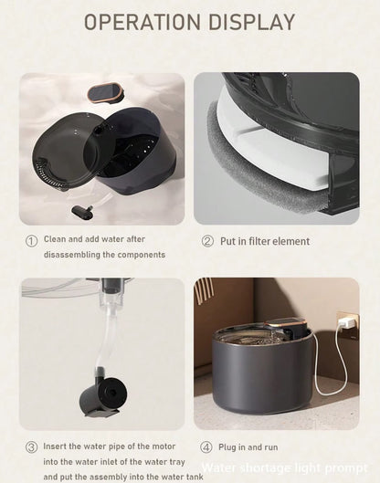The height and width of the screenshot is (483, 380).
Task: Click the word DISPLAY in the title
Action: pos(249,22)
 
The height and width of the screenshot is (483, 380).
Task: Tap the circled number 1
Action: pos(31,241)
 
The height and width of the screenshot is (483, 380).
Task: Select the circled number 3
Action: pos(31,446)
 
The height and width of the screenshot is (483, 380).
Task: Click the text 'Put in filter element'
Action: pos(265,242)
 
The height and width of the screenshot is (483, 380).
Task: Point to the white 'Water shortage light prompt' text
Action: pos(286,467)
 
